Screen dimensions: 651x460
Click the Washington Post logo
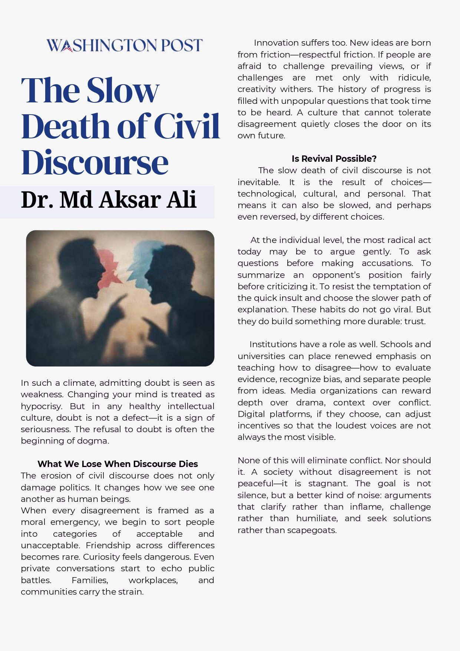125,45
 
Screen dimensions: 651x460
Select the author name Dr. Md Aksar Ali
109,200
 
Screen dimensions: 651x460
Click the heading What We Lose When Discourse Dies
118,464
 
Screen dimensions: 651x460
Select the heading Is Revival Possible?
334,159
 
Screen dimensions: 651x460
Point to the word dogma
95,441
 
